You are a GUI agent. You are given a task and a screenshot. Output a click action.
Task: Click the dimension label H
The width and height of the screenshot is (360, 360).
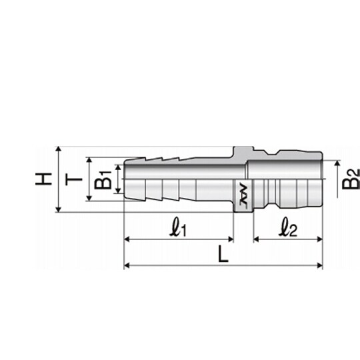click(x=43, y=179)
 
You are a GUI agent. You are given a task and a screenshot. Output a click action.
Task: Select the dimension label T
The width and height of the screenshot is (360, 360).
click(x=73, y=179)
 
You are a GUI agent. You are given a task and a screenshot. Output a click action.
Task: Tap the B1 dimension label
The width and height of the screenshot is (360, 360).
click(x=103, y=180)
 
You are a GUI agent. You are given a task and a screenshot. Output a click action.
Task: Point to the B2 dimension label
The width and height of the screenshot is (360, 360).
click(x=351, y=179)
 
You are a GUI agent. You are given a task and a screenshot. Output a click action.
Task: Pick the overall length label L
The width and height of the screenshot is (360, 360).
click(x=223, y=254)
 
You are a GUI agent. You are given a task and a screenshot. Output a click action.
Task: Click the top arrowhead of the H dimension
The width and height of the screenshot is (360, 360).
click(x=59, y=149)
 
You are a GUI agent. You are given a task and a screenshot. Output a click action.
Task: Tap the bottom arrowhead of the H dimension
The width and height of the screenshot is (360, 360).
click(x=59, y=209)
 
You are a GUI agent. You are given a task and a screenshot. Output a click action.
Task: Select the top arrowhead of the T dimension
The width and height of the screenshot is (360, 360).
click(x=89, y=160)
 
